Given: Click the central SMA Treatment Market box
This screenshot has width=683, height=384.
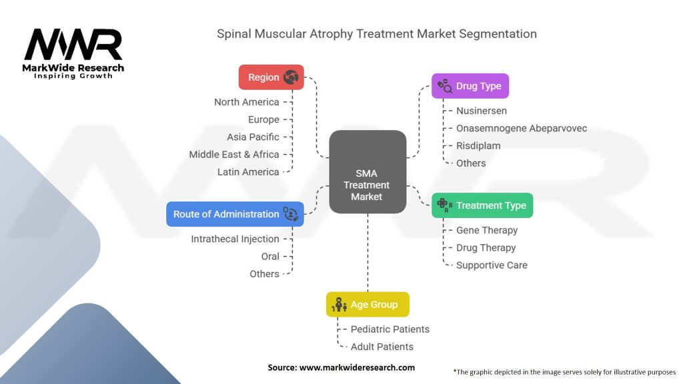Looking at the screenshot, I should [368, 172].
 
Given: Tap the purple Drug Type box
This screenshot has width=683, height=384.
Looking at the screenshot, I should [470, 86].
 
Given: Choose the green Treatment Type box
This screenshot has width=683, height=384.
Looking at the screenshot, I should [482, 205].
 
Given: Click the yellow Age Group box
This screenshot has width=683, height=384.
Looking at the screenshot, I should [368, 305].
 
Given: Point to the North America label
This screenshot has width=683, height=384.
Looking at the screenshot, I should [246, 102].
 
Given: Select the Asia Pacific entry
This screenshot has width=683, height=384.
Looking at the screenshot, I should [253, 137].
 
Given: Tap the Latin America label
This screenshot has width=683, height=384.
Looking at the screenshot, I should [248, 172].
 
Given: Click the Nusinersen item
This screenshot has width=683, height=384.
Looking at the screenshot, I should [482, 111].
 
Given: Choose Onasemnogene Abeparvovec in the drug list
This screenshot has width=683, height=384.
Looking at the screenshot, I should [522, 128].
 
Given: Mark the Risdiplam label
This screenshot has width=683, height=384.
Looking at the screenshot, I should [478, 145].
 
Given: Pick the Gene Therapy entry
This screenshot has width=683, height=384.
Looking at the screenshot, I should [487, 230].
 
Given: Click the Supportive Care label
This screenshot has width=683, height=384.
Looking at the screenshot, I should [492, 265].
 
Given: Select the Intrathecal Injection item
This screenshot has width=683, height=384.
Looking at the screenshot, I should [235, 239].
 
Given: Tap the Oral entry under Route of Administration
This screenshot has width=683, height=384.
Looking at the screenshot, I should [270, 256].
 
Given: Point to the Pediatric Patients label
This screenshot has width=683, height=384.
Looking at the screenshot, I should [390, 329].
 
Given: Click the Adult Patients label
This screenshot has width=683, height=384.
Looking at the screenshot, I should [382, 347].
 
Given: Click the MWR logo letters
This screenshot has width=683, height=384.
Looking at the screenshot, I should [73, 45].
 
